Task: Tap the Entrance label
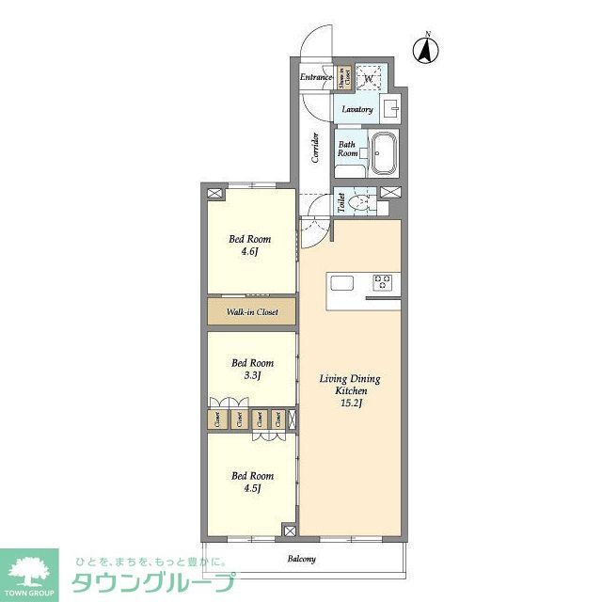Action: pos(316,77)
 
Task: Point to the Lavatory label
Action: pos(357,109)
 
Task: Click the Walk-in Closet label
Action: pos(251,311)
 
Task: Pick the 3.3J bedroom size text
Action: pos(252,375)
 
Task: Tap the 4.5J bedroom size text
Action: pos(252,488)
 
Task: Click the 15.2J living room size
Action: pos(350,404)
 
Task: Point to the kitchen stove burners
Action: pos(383,282)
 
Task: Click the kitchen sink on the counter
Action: pos(341,282)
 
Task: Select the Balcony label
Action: pos(302,560)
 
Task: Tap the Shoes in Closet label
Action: pos(344,79)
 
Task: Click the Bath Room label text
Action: pos(348,149)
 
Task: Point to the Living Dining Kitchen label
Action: pos(350,384)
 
